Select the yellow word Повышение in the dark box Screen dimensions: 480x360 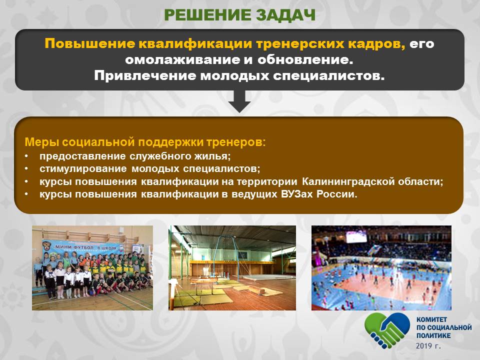point(89,44)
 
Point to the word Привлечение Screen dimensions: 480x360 point(145,75)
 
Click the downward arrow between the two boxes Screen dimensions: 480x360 point(239,101)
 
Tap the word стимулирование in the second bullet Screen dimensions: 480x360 point(83,168)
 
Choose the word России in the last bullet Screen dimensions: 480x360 point(336,194)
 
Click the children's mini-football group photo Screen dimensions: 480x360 point(92,268)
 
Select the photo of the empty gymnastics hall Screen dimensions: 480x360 point(232,268)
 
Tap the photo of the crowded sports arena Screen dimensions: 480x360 point(381,268)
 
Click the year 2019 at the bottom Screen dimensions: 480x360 point(423,346)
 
